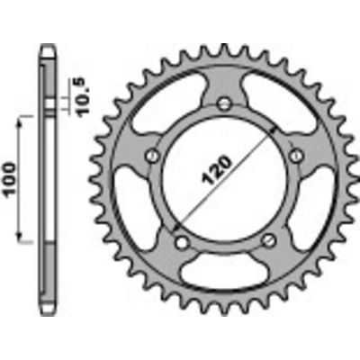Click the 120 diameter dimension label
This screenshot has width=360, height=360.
217,170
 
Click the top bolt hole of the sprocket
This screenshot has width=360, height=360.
224,103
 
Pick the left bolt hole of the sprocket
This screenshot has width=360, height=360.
152,156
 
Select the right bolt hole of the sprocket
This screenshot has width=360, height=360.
296,156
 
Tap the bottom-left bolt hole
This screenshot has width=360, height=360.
181,242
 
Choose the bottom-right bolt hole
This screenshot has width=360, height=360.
268,239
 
